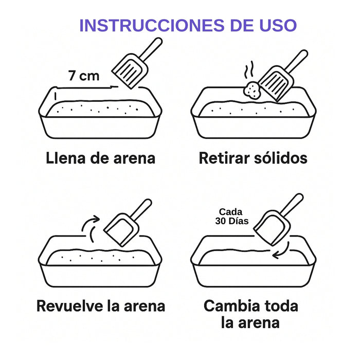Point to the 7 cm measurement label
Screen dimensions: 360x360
click(x=84, y=76)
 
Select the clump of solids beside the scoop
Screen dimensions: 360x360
click(x=253, y=91)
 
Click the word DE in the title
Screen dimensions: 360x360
click(x=245, y=25)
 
